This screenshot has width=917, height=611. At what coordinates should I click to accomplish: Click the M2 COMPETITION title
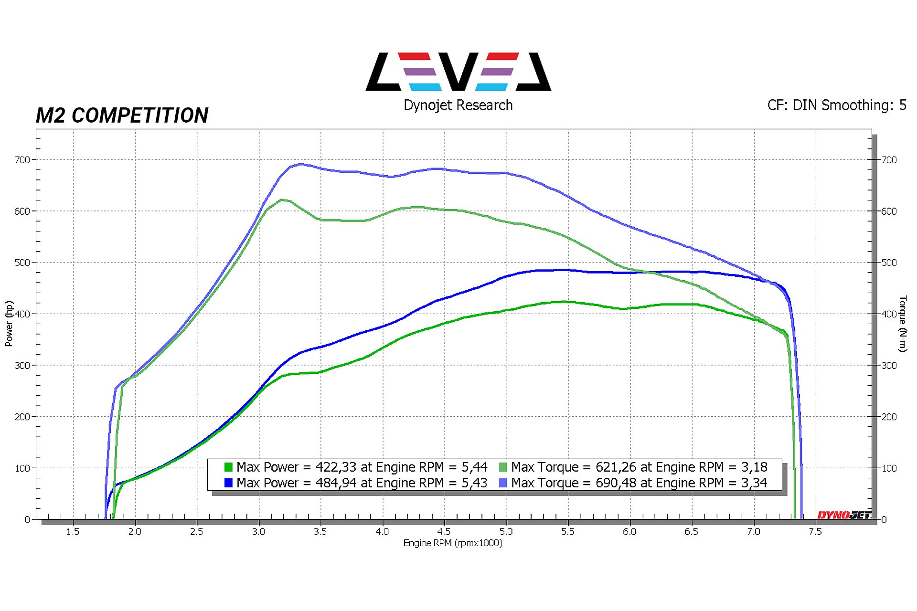(122, 116)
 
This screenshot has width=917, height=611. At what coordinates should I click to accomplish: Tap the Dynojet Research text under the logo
(458, 105)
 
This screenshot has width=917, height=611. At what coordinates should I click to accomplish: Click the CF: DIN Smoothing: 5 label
(836, 105)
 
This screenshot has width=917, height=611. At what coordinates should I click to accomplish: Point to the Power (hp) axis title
(9, 323)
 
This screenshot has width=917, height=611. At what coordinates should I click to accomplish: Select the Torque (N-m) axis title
(902, 324)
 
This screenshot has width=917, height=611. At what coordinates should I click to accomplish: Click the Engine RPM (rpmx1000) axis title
(453, 543)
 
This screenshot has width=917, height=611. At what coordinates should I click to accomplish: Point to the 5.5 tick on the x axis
(568, 532)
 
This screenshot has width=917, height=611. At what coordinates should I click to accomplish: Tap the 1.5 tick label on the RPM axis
(73, 532)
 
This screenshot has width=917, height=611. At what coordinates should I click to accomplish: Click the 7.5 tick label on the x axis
(815, 532)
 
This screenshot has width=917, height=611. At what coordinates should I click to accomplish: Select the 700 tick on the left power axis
(22, 160)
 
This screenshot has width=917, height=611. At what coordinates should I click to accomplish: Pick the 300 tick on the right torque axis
(889, 366)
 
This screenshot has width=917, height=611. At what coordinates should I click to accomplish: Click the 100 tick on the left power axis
(22, 468)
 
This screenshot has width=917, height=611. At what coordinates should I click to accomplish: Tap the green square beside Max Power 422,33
(228, 467)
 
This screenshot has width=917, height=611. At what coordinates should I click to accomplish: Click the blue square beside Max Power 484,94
(228, 483)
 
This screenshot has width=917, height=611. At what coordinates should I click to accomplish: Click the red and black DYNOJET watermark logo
(844, 515)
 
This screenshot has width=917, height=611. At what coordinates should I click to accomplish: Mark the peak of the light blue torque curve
(300, 164)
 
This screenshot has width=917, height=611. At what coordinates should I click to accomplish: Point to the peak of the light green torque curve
(282, 200)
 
